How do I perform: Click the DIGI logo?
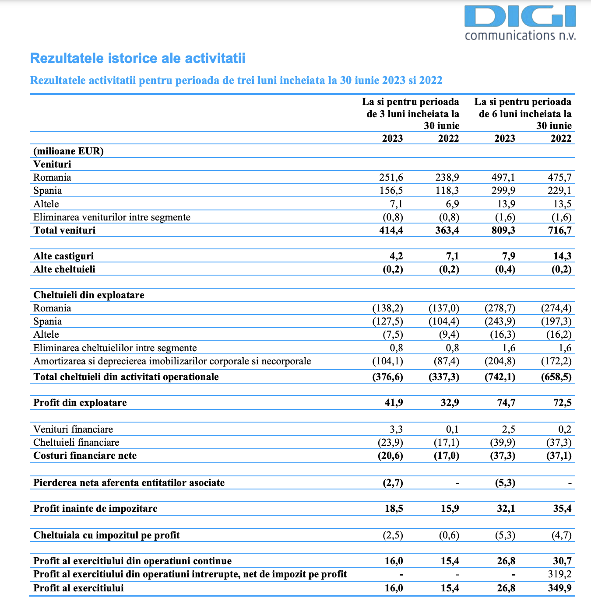coord(520,23)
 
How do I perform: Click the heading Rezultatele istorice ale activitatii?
coord(138,58)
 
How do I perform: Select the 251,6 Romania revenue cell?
coord(391,178)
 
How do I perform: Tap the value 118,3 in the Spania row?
coord(447,191)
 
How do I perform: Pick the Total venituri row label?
coord(64,230)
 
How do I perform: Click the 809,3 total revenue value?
coord(503,230)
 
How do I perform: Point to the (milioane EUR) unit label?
coord(68,151)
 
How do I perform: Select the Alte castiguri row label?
coord(63,256)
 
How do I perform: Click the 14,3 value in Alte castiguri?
coord(563,256)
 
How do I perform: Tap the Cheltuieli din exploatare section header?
coord(89,295)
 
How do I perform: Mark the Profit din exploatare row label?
coord(80,403)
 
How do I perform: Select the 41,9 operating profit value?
coord(394,403)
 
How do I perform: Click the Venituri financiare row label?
coord(73,430)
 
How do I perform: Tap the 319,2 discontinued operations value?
coord(560,574)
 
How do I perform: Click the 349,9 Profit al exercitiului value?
coord(560,588)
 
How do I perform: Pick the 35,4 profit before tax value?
coord(563,509)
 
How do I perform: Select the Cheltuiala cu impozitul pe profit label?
coord(106,535)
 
